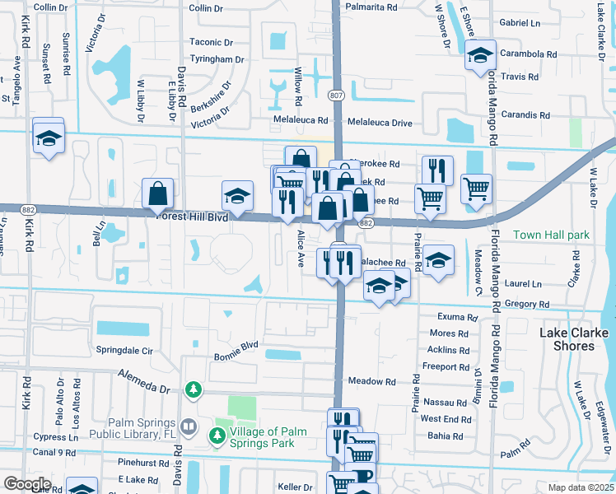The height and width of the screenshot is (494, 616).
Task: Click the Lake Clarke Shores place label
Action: [x=574, y=339]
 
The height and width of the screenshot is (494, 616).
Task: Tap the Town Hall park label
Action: [x=551, y=235]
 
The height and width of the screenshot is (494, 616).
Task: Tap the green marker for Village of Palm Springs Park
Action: [x=219, y=433]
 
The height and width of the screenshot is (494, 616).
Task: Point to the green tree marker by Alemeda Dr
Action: [x=194, y=389]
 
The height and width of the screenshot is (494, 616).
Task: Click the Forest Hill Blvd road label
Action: [x=193, y=218]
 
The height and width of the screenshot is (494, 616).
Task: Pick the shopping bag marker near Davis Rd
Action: [x=157, y=194]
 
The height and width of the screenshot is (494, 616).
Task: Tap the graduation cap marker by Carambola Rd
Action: [x=479, y=56]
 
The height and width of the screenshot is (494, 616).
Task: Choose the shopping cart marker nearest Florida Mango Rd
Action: [x=476, y=189]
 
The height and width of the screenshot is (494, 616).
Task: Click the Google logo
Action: [x=27, y=484]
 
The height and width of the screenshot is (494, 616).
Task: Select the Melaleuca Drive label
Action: [x=380, y=123]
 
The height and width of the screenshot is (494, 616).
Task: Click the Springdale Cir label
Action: [x=125, y=350]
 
